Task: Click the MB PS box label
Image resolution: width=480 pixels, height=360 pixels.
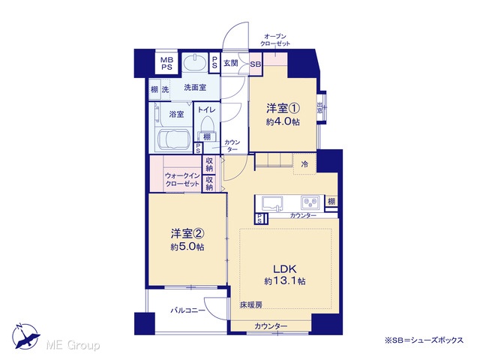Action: point(166,63)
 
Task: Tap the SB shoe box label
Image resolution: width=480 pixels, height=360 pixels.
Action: point(256,64)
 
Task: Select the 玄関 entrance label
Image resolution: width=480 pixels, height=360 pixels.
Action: point(230,63)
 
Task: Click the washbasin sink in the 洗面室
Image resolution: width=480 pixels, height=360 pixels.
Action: point(195,62)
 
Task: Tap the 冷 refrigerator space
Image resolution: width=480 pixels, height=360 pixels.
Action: point(304,164)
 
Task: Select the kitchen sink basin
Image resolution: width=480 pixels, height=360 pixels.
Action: point(272,203)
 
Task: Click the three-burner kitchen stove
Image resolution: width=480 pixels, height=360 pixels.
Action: point(310,202)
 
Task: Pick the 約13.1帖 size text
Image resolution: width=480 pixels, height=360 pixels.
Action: point(285,281)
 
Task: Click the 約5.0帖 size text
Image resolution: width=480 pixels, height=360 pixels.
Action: point(187,247)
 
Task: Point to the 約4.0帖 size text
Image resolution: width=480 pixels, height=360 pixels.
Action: point(283,121)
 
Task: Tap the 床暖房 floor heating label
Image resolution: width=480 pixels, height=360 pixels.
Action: point(251,305)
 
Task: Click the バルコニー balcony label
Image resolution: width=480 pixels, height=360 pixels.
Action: point(187,310)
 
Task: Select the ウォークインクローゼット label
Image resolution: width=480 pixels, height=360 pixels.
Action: point(182,180)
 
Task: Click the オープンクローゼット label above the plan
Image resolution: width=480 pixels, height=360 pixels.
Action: point(275,40)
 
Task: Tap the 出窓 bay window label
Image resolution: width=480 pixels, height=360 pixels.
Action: point(320,108)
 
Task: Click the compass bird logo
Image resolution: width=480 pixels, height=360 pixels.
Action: point(25,336)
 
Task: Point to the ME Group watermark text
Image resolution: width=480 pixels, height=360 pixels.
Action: point(73,345)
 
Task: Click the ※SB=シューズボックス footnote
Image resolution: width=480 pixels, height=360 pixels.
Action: point(424,340)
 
